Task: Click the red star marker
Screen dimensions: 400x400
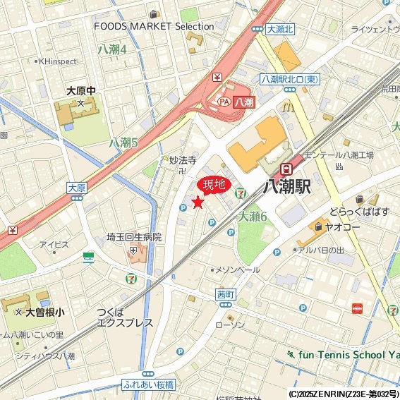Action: click(198, 202)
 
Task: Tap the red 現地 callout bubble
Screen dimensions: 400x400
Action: click(214, 185)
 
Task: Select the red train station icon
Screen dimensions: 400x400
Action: click(286, 169)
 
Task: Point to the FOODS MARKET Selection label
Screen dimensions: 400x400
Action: click(154, 27)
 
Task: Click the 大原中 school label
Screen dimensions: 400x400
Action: click(80, 91)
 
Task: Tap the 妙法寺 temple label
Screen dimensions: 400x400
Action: click(182, 160)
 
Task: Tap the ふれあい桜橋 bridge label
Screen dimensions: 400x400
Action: click(148, 387)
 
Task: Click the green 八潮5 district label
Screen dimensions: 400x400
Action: click(123, 143)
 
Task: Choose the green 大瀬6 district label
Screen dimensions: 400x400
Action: click(253, 217)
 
